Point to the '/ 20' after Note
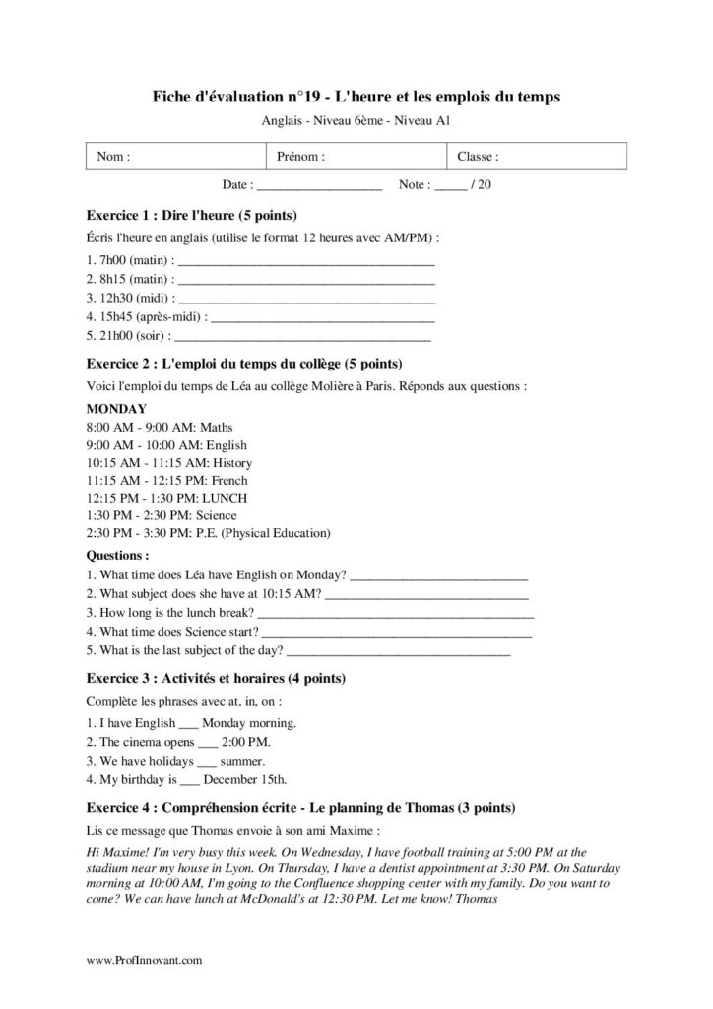482,184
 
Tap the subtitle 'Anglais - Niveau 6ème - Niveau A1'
356,120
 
